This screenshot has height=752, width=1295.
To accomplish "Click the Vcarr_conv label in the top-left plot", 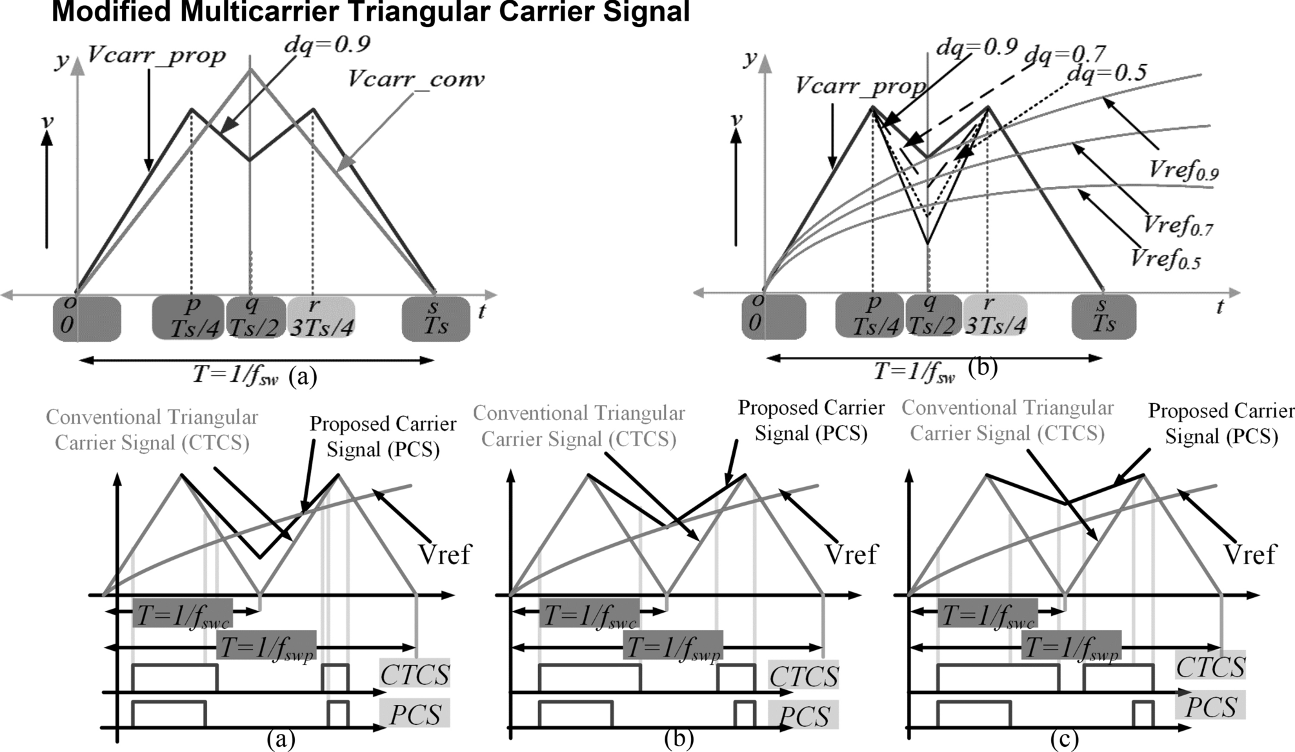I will [416, 80].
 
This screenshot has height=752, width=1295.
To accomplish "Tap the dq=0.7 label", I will [1065, 54].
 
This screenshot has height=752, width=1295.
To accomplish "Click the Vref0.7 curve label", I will [1178, 226].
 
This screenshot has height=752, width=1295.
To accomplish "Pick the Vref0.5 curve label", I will [1165, 259].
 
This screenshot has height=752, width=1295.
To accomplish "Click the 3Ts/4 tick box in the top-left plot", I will [321, 318].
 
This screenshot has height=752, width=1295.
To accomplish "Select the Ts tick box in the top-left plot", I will [436, 318].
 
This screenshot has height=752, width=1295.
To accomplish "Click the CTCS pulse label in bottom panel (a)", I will [415, 675].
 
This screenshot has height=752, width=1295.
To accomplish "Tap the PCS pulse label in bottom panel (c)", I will [1210, 707].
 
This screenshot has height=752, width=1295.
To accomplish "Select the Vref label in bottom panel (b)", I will [851, 555].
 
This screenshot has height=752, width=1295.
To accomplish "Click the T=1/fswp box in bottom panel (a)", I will [266, 646].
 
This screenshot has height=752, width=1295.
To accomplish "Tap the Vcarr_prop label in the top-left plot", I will [156, 55].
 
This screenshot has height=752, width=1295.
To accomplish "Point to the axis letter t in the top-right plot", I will [1220, 307].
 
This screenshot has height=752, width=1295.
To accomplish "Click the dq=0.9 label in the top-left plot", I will [327, 44].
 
